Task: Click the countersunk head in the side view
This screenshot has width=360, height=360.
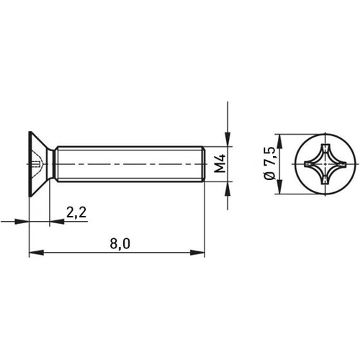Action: click(40, 164)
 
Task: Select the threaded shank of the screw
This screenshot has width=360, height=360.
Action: click(130, 164)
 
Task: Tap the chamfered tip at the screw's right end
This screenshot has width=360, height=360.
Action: click(204, 164)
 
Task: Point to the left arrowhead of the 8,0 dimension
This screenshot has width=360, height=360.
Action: click(34, 253)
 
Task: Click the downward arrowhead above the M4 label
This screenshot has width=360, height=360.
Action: click(228, 140)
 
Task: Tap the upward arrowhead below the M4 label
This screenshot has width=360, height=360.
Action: click(228, 189)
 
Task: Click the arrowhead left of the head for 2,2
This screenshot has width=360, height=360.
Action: click(24, 222)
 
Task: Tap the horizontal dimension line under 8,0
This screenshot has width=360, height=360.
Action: click(86, 253)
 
